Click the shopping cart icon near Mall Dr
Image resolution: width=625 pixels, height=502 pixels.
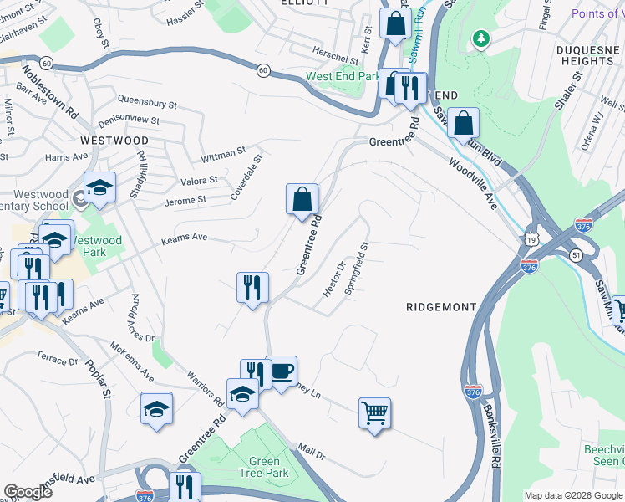click(374, 412)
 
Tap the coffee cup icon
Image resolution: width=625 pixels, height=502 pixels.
click(282, 370)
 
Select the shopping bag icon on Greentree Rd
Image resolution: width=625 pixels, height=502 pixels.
click(302, 199)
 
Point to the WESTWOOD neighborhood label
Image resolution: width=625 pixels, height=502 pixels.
click(114, 141)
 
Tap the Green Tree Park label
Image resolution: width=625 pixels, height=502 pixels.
click(265, 467)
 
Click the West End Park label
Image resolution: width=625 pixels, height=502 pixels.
click(343, 76)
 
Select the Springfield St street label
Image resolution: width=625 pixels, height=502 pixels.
click(357, 267)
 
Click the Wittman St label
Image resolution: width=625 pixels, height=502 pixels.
click(223, 155)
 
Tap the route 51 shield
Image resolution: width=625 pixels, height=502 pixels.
click(576, 254)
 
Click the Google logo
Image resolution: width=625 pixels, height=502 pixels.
click(28, 491)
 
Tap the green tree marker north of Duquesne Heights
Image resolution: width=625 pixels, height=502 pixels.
click(480, 38)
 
